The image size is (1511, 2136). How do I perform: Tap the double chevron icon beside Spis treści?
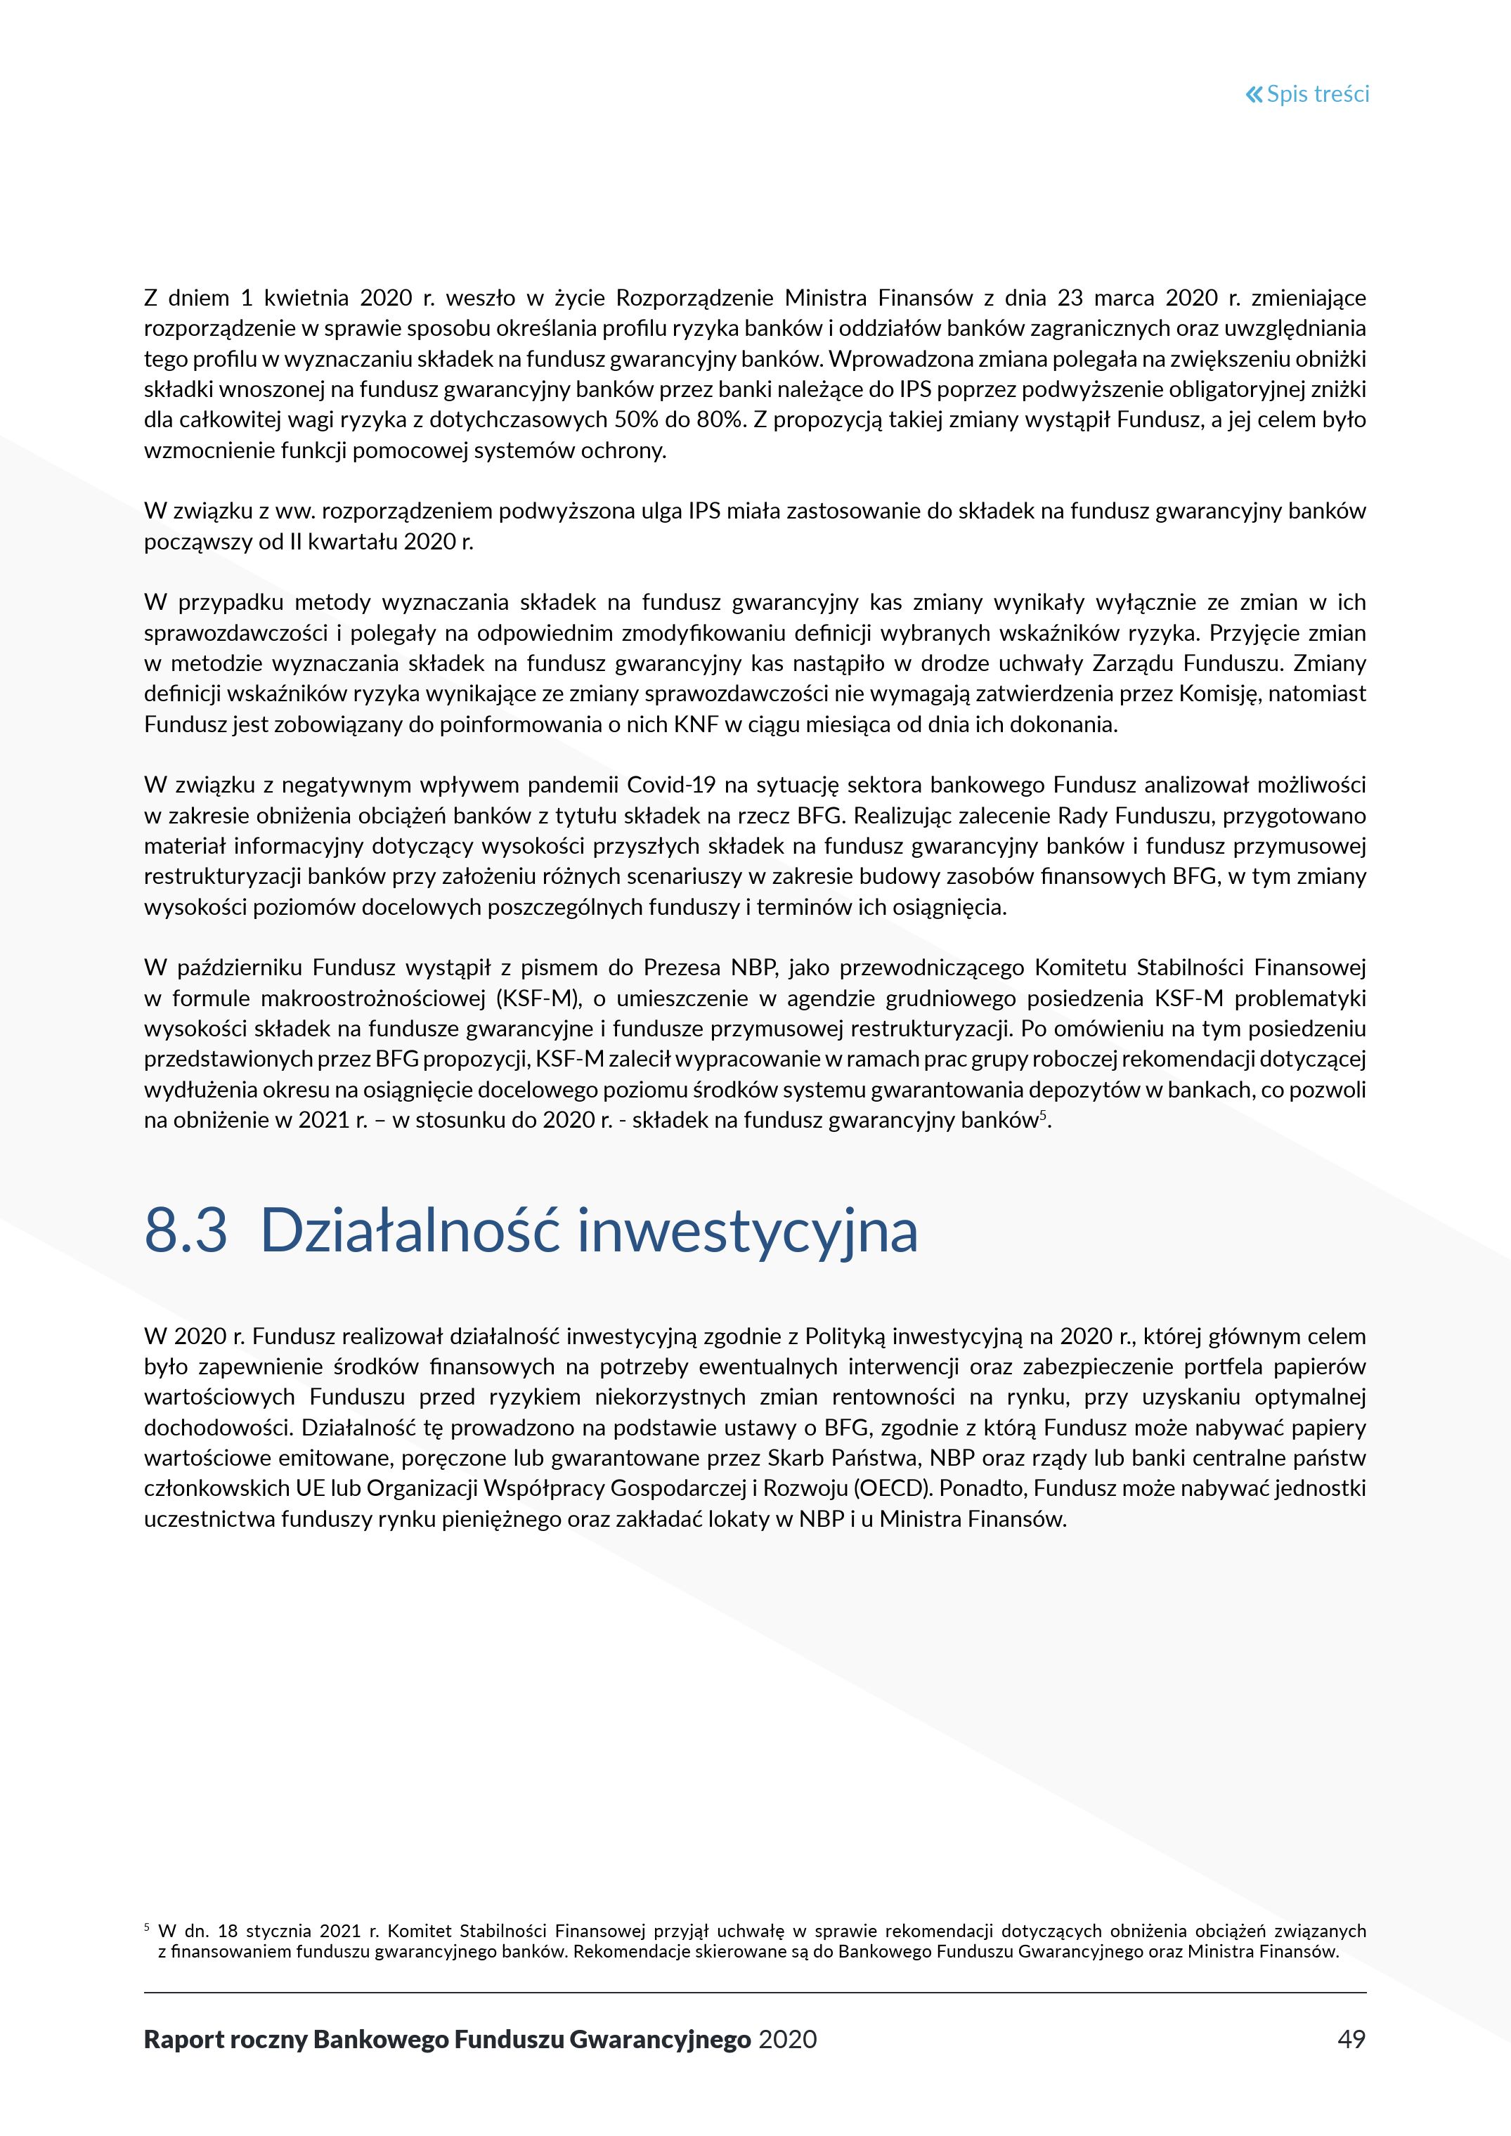1254,94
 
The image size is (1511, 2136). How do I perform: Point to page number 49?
1351,2039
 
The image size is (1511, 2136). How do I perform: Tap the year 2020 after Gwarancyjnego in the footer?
787,2039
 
